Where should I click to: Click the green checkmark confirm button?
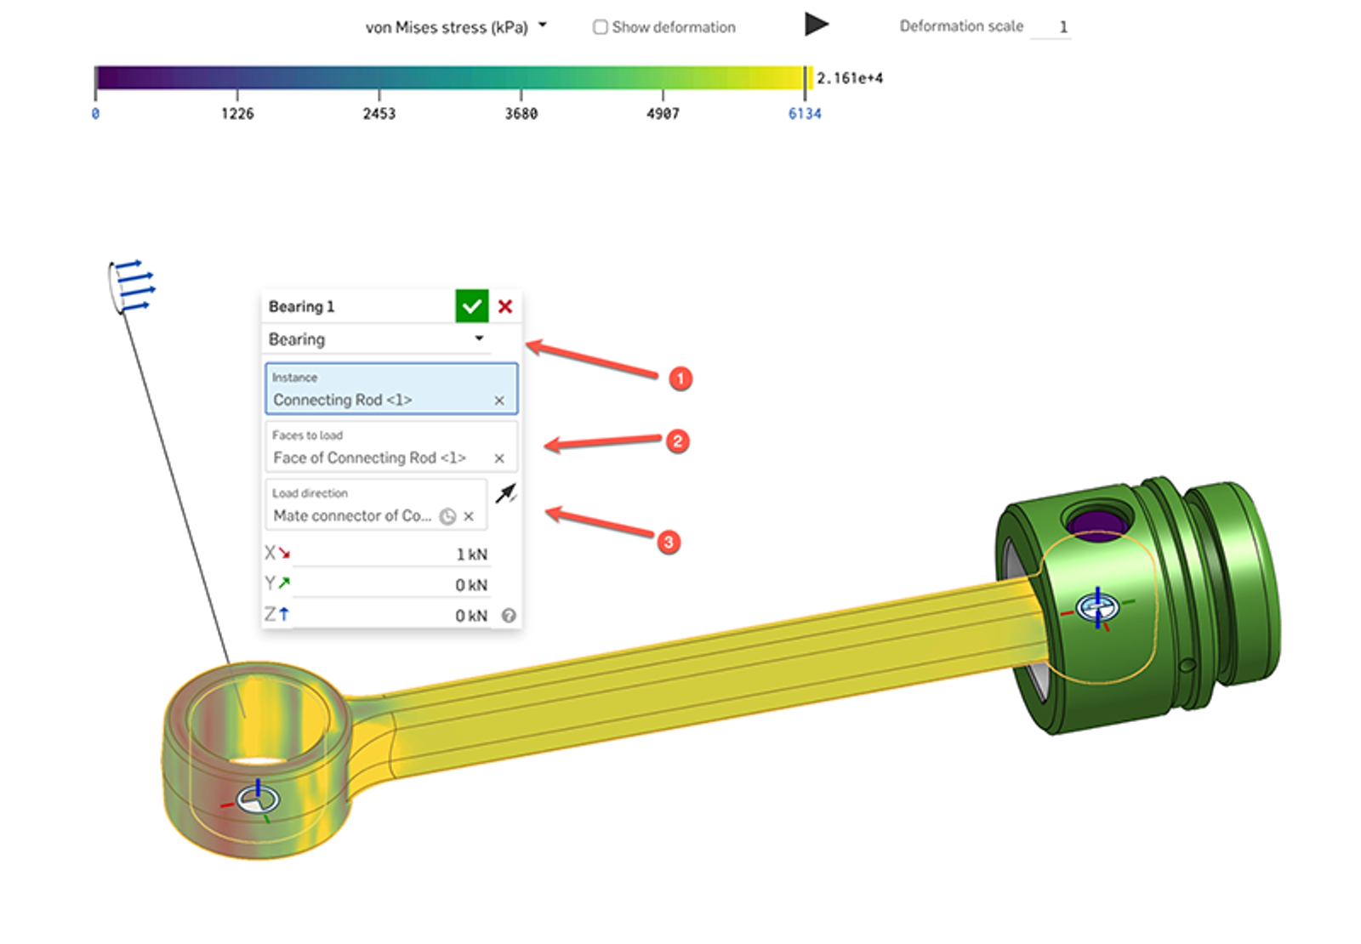(x=472, y=306)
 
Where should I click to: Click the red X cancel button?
(x=505, y=306)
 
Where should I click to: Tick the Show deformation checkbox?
(x=601, y=27)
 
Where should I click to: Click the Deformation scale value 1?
(x=1062, y=27)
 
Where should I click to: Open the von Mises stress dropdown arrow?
(x=543, y=26)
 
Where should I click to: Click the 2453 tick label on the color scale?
(x=379, y=114)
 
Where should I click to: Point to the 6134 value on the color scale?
(x=805, y=114)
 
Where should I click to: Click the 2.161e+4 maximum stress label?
(x=850, y=78)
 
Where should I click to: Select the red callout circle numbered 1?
(x=680, y=378)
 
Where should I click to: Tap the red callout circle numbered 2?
(x=677, y=441)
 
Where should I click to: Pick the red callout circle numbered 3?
(x=669, y=542)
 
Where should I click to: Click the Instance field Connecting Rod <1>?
(x=383, y=400)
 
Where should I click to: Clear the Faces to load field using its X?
(x=499, y=458)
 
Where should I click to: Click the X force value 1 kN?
(x=472, y=554)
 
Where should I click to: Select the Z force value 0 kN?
(x=471, y=616)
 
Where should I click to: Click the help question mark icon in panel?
(x=509, y=616)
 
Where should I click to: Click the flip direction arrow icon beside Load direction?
(x=506, y=493)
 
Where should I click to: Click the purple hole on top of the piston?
(x=1097, y=522)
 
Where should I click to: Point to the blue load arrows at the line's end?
(x=134, y=285)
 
